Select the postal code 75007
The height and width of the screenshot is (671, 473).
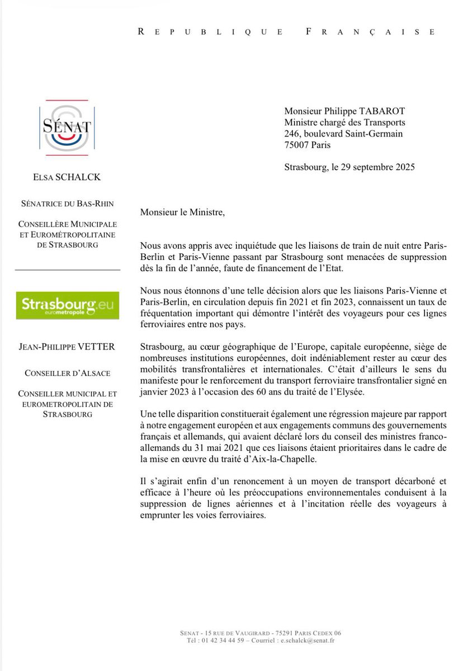click(297, 145)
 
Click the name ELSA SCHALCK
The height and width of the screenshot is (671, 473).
click(67, 178)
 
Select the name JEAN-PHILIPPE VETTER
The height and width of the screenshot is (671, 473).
click(67, 347)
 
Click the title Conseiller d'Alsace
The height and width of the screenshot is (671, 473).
click(67, 372)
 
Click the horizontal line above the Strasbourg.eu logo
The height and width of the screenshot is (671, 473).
click(67, 270)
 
